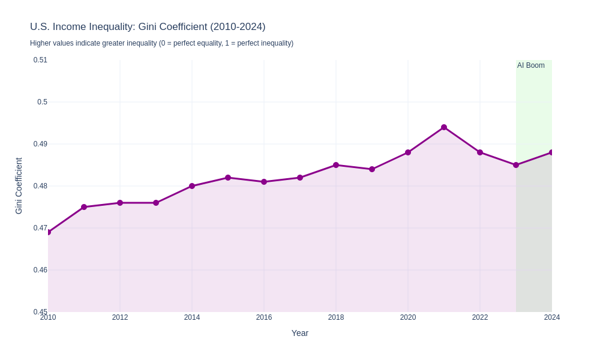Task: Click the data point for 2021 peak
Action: [x=444, y=127]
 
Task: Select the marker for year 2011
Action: [x=84, y=207]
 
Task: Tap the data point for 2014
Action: [x=192, y=186]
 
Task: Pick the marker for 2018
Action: [x=336, y=165]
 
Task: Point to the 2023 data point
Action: [x=516, y=165]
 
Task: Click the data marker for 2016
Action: [x=264, y=182]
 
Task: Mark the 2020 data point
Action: [x=408, y=152]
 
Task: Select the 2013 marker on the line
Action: [x=156, y=203]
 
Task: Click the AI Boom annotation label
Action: [x=531, y=65]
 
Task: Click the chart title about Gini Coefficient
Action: [x=148, y=27]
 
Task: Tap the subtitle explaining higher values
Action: [x=161, y=43]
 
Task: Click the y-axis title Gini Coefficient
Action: [x=19, y=186]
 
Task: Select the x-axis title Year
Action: [x=300, y=333]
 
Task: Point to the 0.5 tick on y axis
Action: [x=42, y=102]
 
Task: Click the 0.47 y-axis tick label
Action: [x=40, y=228]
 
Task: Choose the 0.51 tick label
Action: [x=40, y=60]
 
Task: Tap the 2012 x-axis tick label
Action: [x=120, y=317]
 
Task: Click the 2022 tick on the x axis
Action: [x=480, y=317]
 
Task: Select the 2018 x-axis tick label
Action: [x=336, y=317]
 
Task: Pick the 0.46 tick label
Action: [x=40, y=270]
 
